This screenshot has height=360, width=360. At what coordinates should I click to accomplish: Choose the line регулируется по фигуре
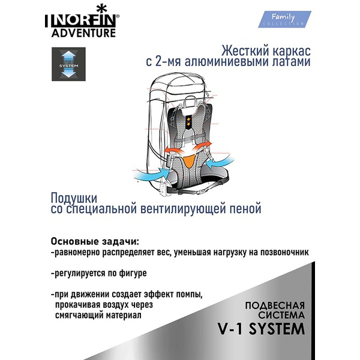99,274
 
